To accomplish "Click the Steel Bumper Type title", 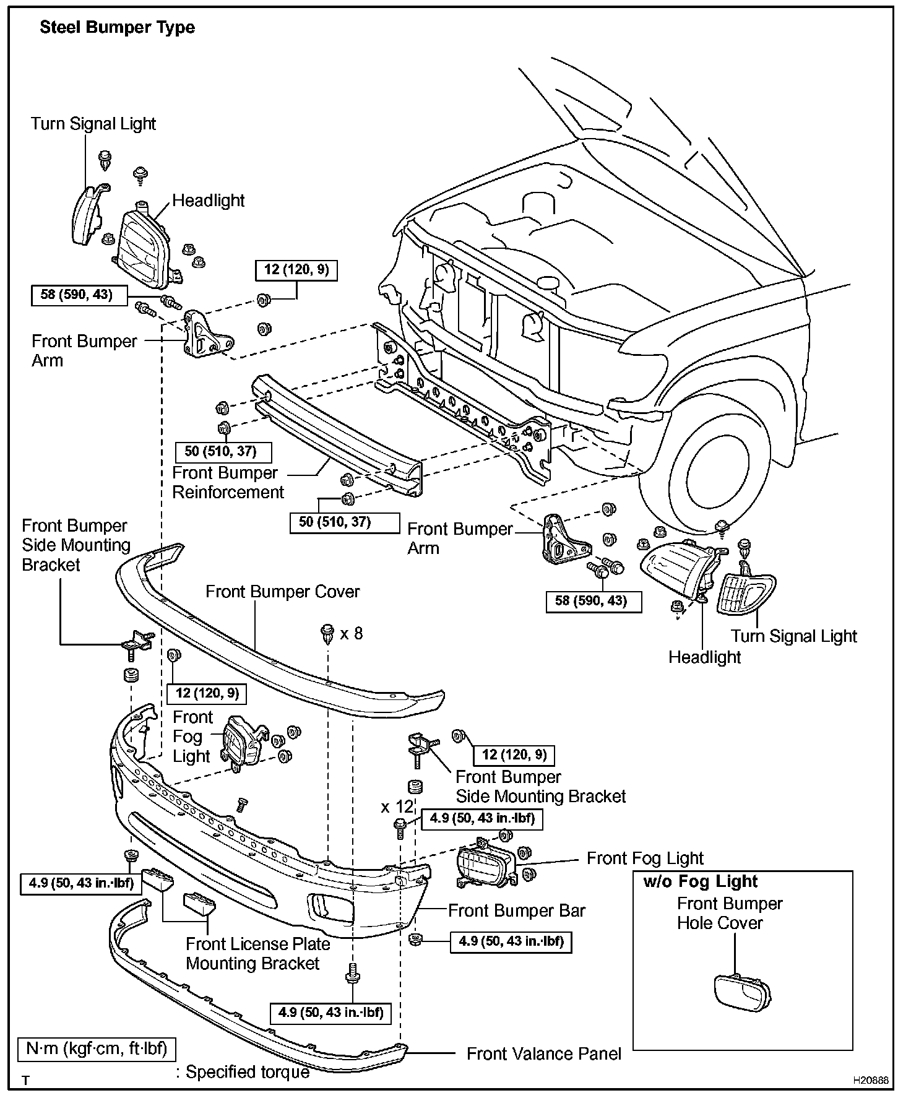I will pyautogui.click(x=117, y=28).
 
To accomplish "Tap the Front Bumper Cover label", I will pyautogui.click(x=282, y=592).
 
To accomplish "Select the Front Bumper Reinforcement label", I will pyautogui.click(x=227, y=483).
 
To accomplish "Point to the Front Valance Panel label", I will pyautogui.click(x=543, y=1054).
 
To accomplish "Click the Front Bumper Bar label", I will pyautogui.click(x=516, y=910).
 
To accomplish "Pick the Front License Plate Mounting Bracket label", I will pyautogui.click(x=257, y=954).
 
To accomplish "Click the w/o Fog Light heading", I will pyautogui.click(x=700, y=881).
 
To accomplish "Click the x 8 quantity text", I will pyautogui.click(x=352, y=633).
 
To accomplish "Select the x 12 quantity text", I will pyautogui.click(x=397, y=807).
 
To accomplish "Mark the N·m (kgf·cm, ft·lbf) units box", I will pyautogui.click(x=97, y=1049).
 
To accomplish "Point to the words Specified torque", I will pyautogui.click(x=248, y=1072).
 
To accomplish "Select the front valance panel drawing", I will pyautogui.click(x=248, y=1015).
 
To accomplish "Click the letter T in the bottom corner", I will pyautogui.click(x=25, y=1081).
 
